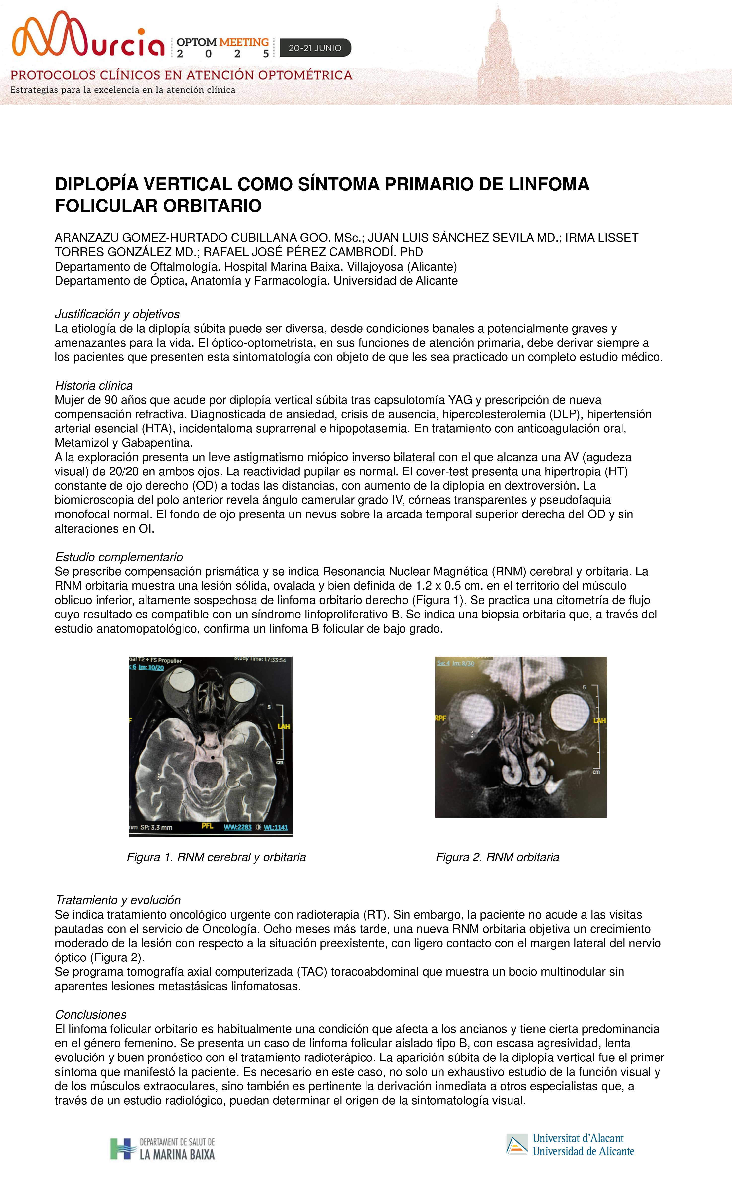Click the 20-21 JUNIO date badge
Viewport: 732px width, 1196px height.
[x=315, y=48]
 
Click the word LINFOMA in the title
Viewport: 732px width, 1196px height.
[x=549, y=184]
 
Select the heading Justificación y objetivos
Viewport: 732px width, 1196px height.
[x=117, y=314]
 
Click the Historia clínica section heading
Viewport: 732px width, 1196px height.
[x=94, y=385]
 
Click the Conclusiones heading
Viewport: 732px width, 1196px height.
[x=91, y=1014]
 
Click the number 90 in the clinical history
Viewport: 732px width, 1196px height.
[x=111, y=400]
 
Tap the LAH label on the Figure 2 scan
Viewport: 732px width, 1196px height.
[x=599, y=721]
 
